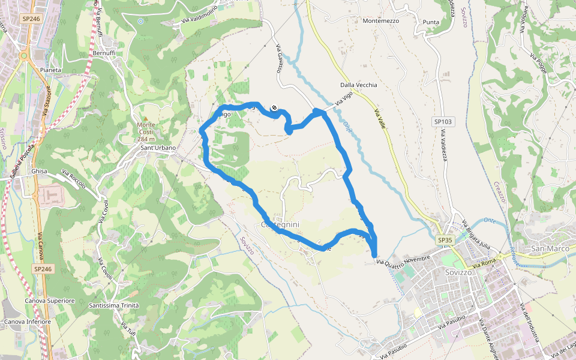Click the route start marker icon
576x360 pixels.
pyautogui.click(x=274, y=108)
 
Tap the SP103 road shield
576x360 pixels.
pyautogui.click(x=442, y=122)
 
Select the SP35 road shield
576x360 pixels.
pyautogui.click(x=444, y=240)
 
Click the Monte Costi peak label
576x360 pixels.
pyautogui.click(x=146, y=128)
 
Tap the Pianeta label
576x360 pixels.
pyautogui.click(x=51, y=70)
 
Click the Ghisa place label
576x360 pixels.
pyautogui.click(x=39, y=171)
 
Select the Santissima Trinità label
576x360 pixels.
pyautogui.click(x=113, y=305)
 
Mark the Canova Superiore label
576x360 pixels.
pyautogui.click(x=49, y=301)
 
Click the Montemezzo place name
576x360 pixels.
pyautogui.click(x=381, y=20)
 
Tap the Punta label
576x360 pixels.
pyautogui.click(x=431, y=22)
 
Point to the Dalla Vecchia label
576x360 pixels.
pyautogui.click(x=359, y=85)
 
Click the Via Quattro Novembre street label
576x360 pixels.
pyautogui.click(x=404, y=260)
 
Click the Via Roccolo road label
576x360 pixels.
pyautogui.click(x=73, y=178)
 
